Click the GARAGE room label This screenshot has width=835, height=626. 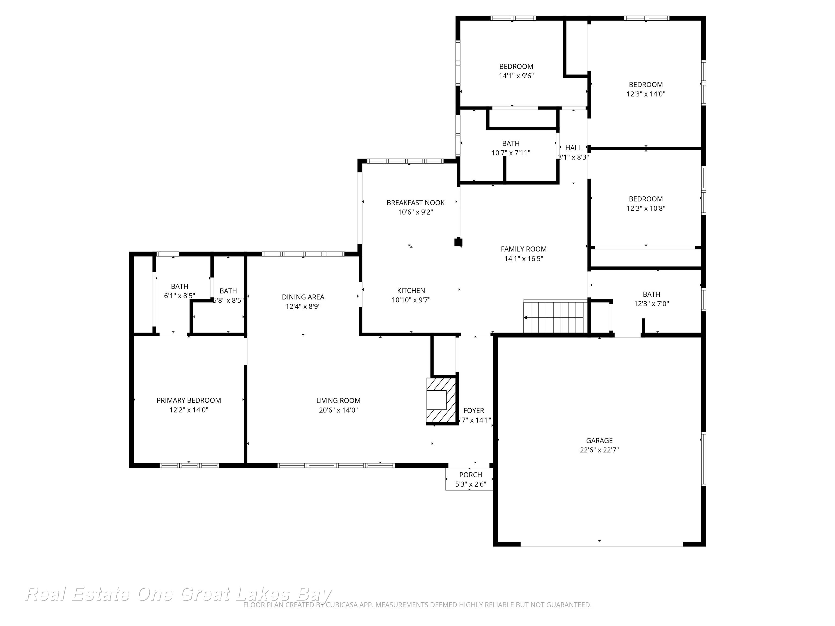click(599, 440)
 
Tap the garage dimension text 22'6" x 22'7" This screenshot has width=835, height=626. click(599, 450)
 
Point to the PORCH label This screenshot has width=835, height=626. click(470, 475)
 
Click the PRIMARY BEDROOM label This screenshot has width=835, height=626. click(189, 400)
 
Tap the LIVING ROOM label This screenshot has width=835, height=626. click(338, 400)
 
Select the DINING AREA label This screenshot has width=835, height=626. click(303, 297)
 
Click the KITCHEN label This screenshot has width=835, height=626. click(411, 290)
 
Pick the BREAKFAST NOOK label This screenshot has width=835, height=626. click(415, 203)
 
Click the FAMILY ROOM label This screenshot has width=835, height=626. click(524, 249)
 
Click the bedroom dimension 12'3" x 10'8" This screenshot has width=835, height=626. click(646, 208)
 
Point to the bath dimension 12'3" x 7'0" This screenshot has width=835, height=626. click(651, 304)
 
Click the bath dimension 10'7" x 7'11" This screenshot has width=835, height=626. click(510, 153)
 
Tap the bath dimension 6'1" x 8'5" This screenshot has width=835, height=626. click(179, 296)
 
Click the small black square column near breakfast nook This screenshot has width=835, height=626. click(458, 242)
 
